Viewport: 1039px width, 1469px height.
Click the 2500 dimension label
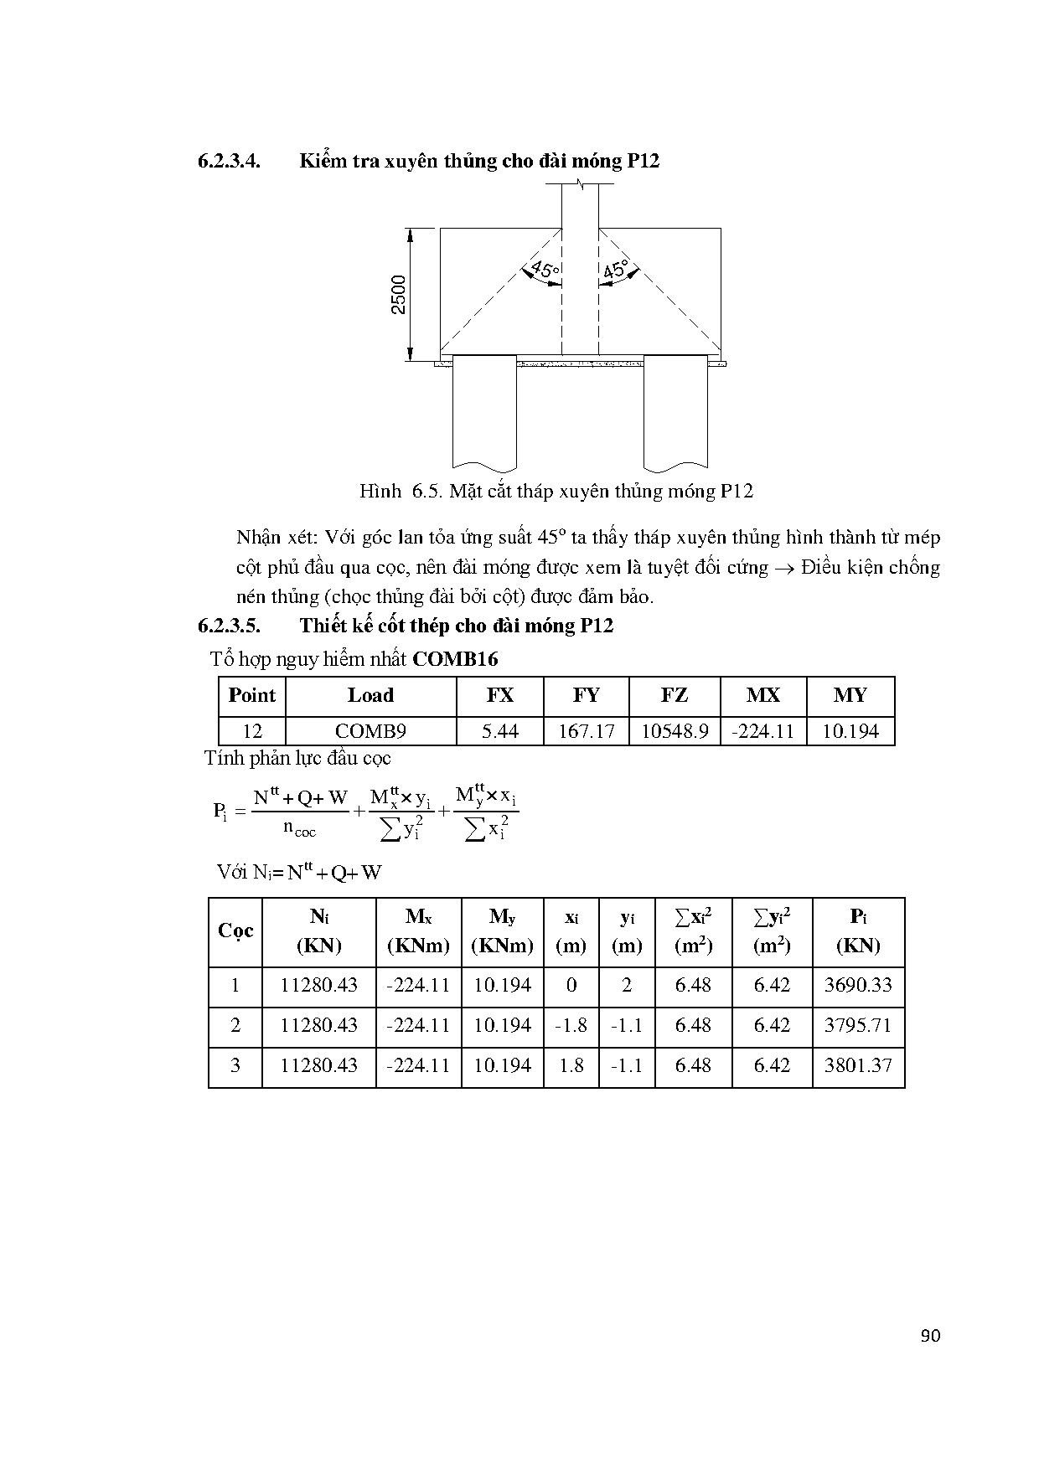pos(399,294)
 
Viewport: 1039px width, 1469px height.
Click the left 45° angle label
pos(542,271)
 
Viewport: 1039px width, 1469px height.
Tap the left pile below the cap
pos(484,410)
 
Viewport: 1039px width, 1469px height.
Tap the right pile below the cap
pos(675,410)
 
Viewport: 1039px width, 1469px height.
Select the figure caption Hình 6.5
pos(556,492)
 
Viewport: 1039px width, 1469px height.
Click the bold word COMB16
pos(456,660)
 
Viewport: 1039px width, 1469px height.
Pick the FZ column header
pos(675,696)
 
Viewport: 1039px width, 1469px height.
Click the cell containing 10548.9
pos(675,731)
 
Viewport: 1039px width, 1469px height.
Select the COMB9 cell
pos(370,731)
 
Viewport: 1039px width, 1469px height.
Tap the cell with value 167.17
pos(587,731)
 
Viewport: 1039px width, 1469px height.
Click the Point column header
pos(251,696)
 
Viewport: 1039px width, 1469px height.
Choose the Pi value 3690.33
pos(858,985)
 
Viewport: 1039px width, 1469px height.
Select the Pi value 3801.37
pos(858,1065)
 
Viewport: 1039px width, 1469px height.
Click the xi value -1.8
pos(571,1025)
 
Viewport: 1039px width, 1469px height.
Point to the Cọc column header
pos(235,931)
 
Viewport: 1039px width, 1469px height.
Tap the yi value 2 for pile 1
pos(626,985)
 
